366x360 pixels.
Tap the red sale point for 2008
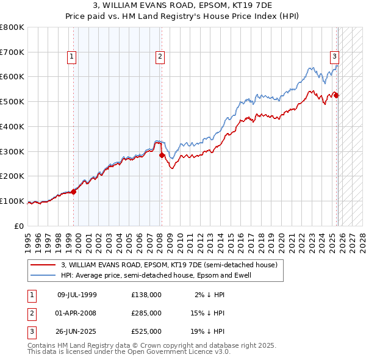click(x=162, y=155)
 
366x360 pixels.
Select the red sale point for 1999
click(x=73, y=192)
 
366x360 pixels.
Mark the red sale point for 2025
click(x=336, y=95)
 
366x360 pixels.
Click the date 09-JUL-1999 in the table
click(x=77, y=295)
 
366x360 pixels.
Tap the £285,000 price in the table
click(x=146, y=312)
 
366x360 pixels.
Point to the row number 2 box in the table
click(x=31, y=312)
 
